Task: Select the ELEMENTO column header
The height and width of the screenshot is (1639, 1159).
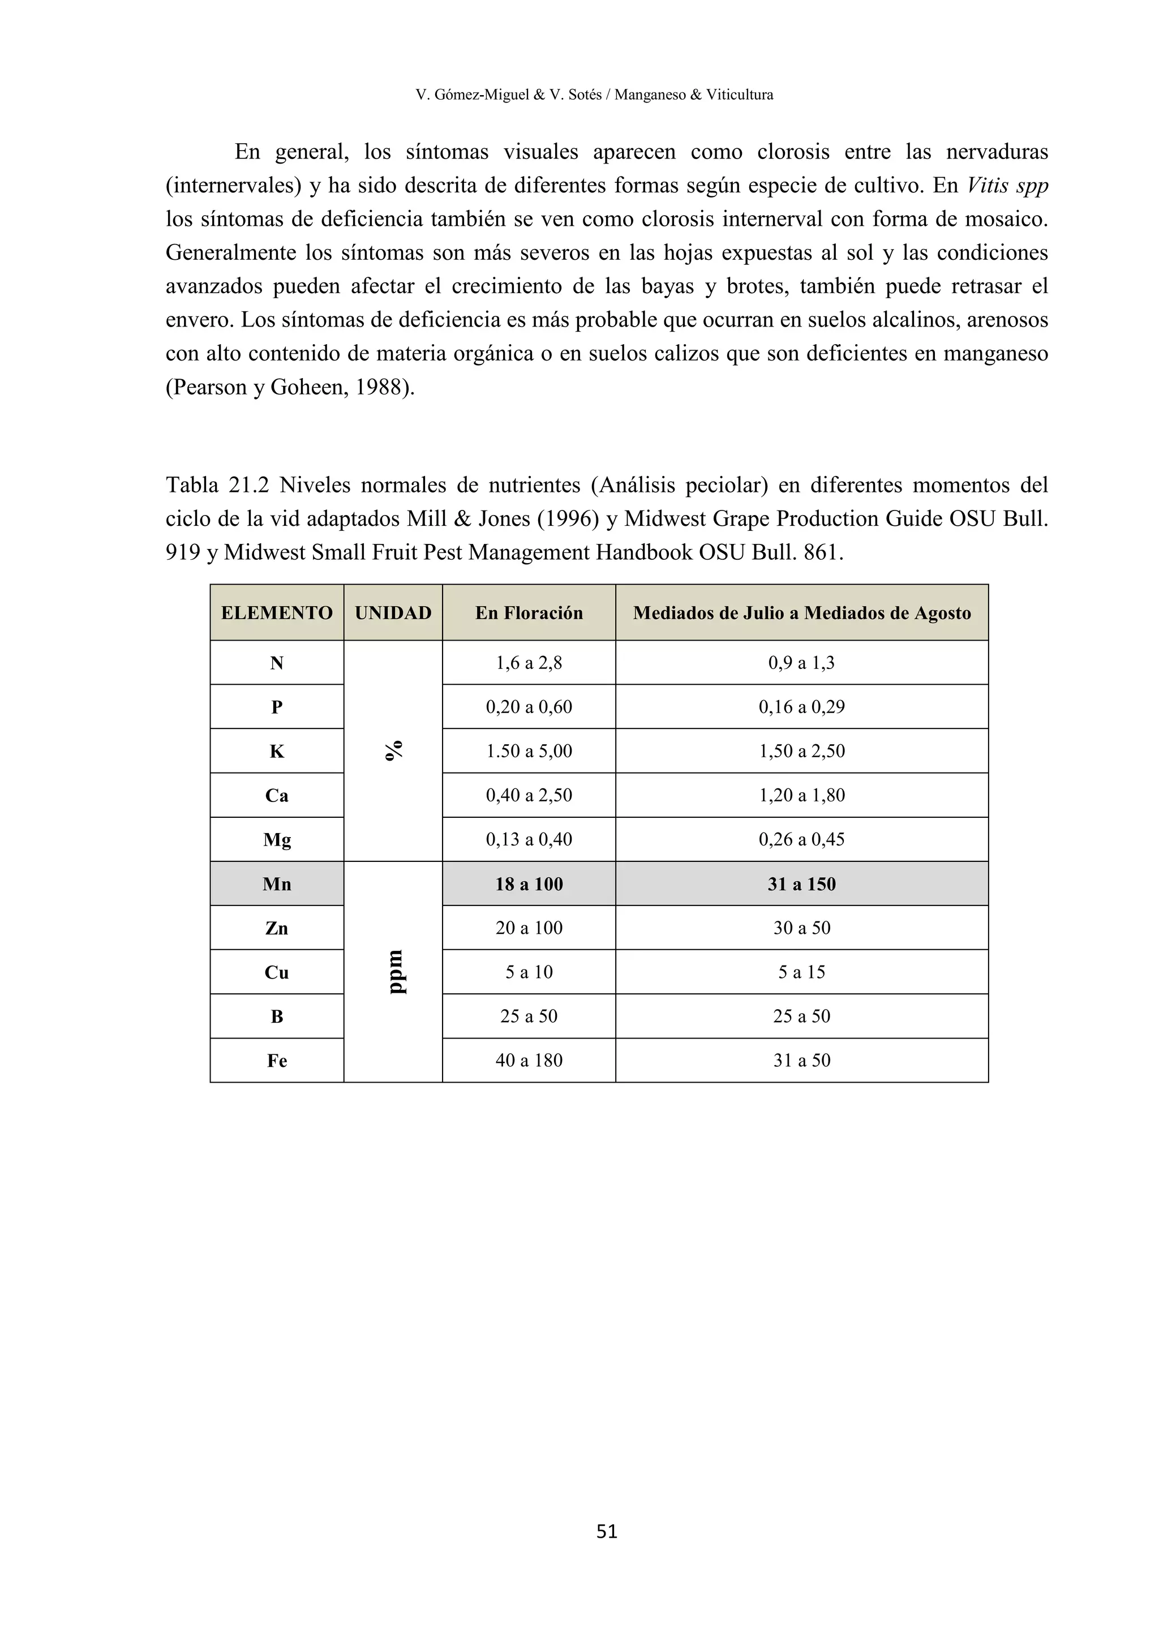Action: tap(277, 612)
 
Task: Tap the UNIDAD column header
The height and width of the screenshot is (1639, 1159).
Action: tap(393, 612)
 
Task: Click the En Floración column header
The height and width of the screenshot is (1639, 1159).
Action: tap(529, 612)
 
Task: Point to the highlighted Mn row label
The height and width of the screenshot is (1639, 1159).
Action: tap(277, 884)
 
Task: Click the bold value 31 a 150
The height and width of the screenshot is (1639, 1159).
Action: tap(801, 884)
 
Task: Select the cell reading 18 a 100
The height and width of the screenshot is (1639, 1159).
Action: tap(529, 884)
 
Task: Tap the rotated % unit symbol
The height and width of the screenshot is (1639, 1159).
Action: tap(393, 750)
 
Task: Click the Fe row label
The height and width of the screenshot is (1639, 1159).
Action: tap(277, 1061)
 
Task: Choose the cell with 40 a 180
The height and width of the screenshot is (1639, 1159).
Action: tap(529, 1060)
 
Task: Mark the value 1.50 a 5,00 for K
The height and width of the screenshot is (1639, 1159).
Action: tap(529, 751)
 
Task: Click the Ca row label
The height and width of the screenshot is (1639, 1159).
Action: tap(277, 795)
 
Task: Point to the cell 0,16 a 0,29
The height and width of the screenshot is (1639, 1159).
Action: tap(801, 707)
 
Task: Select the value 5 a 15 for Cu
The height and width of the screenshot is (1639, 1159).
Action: tap(801, 972)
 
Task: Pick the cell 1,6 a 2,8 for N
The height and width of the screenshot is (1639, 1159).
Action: tap(529, 663)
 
